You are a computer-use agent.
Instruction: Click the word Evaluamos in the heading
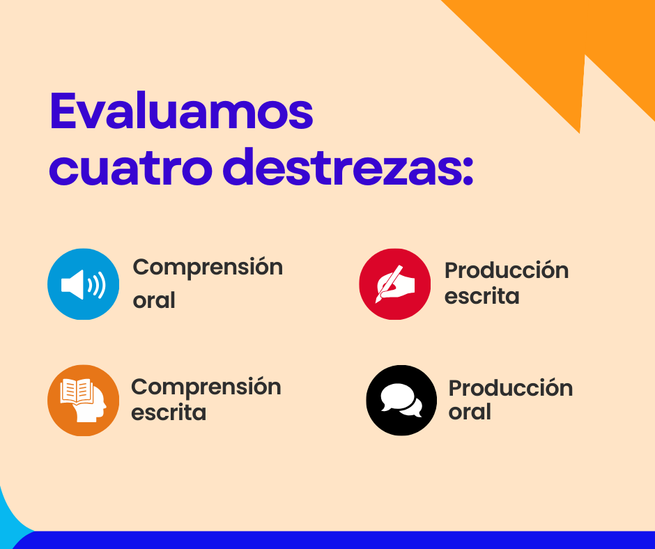pos(181,111)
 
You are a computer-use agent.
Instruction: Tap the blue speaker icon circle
pos(83,284)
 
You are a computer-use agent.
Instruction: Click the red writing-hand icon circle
pos(395,284)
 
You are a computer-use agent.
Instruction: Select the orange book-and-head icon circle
pos(83,401)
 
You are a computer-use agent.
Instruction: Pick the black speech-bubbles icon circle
pos(401,401)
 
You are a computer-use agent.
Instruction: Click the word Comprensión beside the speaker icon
pos(208,268)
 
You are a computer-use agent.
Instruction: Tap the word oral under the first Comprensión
pos(154,300)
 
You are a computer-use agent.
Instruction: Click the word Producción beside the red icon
pos(507,270)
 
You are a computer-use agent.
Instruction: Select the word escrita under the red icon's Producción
pos(481,296)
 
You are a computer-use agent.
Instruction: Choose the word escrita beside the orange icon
pos(169,412)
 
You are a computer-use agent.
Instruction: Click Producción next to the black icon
pos(511,388)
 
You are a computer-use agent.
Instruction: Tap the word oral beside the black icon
pos(470,412)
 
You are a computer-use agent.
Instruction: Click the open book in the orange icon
pos(77,391)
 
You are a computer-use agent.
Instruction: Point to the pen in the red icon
pos(389,284)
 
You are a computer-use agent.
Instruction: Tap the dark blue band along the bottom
pos(334,540)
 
